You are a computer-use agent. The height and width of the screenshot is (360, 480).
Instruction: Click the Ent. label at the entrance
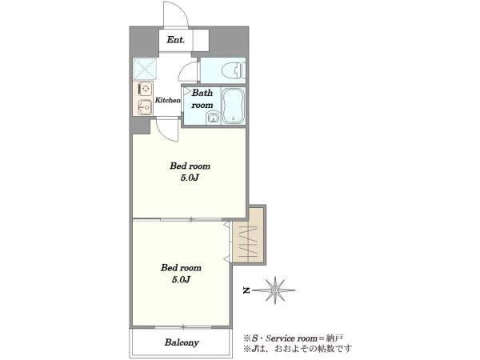click(176, 39)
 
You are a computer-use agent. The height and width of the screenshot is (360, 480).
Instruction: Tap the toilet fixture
click(234, 70)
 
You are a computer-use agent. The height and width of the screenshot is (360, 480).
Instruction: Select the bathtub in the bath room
click(233, 106)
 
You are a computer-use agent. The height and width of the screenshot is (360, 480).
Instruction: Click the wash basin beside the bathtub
click(212, 118)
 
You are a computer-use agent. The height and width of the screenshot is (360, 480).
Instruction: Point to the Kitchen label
click(167, 100)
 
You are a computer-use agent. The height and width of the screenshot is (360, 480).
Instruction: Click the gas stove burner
click(146, 89)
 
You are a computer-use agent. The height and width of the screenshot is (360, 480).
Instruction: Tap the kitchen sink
click(145, 107)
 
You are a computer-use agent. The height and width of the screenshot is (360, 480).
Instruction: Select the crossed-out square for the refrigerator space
click(145, 69)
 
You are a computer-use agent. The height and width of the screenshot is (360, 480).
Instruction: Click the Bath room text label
click(202, 99)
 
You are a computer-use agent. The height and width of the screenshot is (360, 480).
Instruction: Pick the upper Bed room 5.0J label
click(190, 172)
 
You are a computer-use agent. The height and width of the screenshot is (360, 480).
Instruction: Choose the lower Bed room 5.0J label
click(181, 274)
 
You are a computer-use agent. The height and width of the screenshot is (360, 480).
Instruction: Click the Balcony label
click(182, 342)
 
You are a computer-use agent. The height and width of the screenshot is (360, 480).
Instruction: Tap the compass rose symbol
click(275, 290)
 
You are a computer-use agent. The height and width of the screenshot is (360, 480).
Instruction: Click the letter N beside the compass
click(246, 290)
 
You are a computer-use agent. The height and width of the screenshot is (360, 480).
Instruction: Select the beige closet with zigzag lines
click(248, 235)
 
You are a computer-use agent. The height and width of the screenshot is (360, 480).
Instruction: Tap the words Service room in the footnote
click(291, 338)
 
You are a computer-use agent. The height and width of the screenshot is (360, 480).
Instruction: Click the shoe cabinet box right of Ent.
click(201, 40)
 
